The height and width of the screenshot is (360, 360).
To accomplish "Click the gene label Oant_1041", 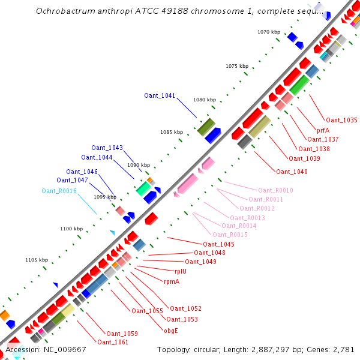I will tap(160, 95).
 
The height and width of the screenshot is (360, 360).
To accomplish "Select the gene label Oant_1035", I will tap(342, 120).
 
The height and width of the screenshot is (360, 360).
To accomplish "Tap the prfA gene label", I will tap(323, 130).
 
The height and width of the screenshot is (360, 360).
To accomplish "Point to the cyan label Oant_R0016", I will tap(59, 191).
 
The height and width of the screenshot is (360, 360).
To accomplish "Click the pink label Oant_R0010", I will tap(275, 190).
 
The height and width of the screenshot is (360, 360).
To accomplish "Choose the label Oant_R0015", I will tap(230, 235).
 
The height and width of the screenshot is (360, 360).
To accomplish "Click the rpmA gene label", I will tap(172, 281).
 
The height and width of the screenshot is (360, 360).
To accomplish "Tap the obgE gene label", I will tap(171, 330).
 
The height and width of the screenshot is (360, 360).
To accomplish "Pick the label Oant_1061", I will tap(113, 342).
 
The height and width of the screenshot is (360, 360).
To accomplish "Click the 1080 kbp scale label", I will tap(203, 100).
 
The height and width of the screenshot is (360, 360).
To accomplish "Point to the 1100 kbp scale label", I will tap(71, 229).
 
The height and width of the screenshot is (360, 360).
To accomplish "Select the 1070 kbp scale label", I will tap(268, 32).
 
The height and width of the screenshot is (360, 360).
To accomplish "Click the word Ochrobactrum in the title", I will tap(63, 11).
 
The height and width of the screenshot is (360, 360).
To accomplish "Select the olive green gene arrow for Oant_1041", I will tap(206, 126).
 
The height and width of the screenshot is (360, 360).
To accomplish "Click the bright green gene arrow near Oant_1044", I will tap(143, 188).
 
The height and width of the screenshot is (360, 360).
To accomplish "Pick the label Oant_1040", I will tap(292, 172).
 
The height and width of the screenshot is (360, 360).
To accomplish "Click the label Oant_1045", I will tap(218, 244).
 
